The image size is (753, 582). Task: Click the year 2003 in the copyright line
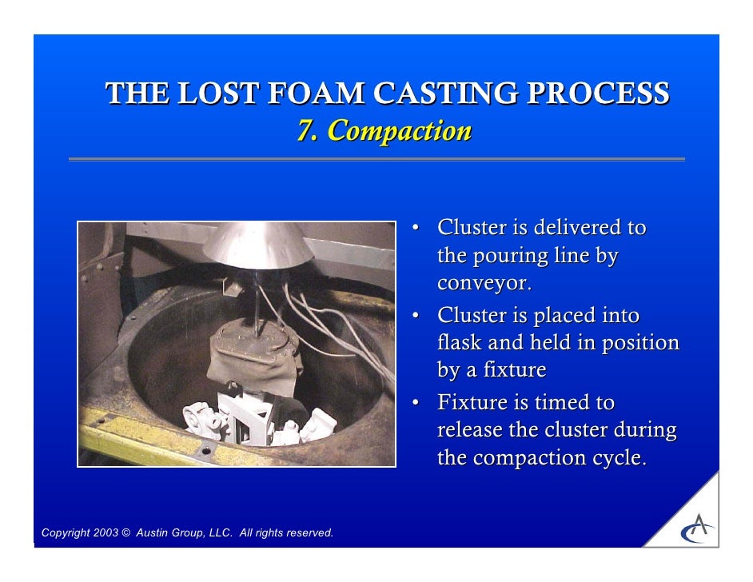click(104, 533)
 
